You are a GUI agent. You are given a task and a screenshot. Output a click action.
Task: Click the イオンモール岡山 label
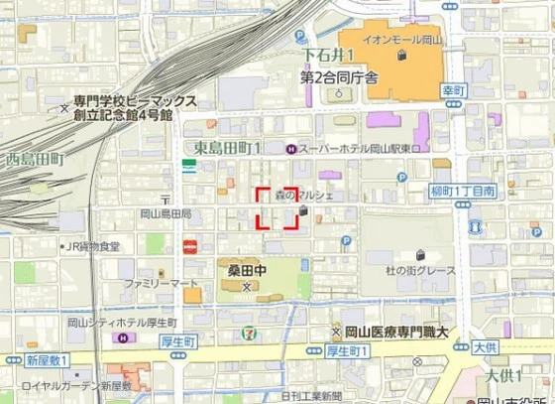click(x=401, y=40)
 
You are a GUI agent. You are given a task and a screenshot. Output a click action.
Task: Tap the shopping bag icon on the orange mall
click(x=401, y=56)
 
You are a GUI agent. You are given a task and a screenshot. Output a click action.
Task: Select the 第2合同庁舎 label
click(x=340, y=76)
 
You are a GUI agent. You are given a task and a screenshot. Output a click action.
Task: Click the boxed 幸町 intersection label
click(x=455, y=88)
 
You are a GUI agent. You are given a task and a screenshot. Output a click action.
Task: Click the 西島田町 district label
click(x=35, y=159)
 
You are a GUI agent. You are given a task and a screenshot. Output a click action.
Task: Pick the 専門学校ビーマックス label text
click(x=136, y=101)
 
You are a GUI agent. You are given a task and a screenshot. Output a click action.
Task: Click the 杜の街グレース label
click(x=420, y=270)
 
